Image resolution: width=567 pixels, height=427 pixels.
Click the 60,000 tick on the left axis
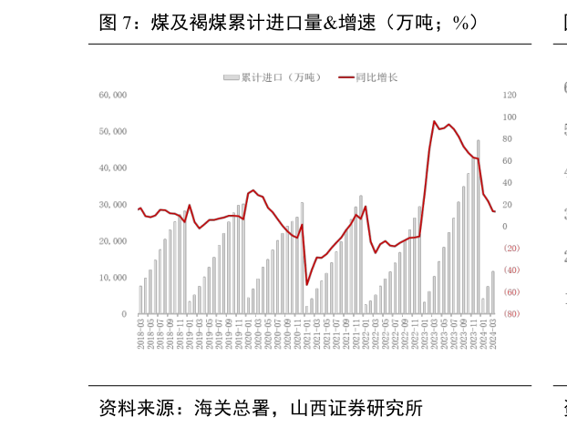pyautogui.click(x=114, y=95)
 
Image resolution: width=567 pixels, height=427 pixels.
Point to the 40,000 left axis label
pyautogui.click(x=114, y=168)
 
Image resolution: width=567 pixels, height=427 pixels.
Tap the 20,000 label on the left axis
pyautogui.click(x=114, y=241)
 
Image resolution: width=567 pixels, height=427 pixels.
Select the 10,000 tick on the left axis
pyautogui.click(x=114, y=278)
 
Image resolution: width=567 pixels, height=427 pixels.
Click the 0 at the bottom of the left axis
pyautogui.click(x=123, y=314)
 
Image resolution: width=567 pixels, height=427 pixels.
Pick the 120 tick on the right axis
pyautogui.click(x=510, y=95)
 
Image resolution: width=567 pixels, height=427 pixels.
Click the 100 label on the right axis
pyautogui.click(x=510, y=117)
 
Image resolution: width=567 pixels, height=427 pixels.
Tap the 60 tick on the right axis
pyautogui.click(x=508, y=160)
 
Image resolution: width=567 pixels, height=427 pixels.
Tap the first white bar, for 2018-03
pyautogui.click(x=140, y=300)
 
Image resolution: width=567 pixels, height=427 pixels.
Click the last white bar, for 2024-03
pyautogui.click(x=493, y=292)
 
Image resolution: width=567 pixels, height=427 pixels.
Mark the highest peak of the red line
pyautogui.click(x=435, y=121)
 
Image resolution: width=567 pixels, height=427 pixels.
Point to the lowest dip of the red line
pyautogui.click(x=306, y=284)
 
